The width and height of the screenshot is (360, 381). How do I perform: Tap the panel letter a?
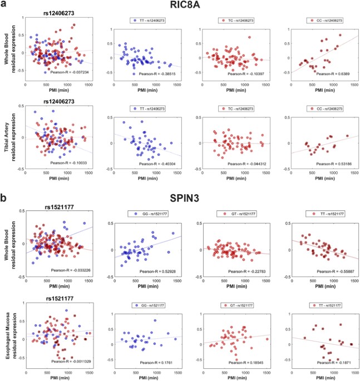(4, 4)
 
